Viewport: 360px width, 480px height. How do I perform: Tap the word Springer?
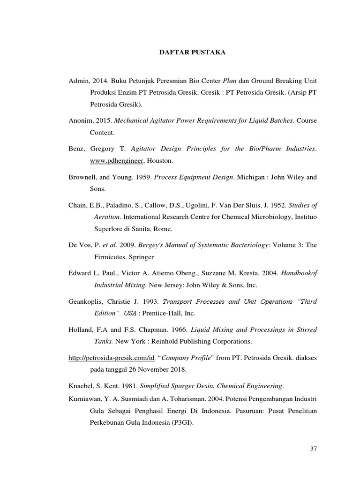point(141,257)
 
